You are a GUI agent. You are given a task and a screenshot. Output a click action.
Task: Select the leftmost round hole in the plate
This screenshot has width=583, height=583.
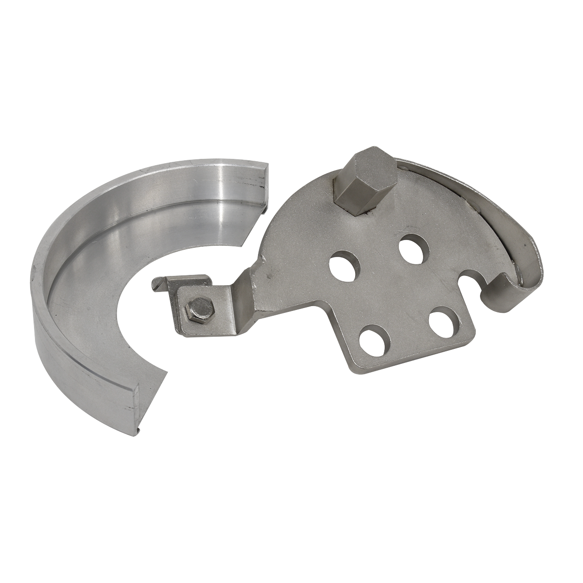(343, 265)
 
